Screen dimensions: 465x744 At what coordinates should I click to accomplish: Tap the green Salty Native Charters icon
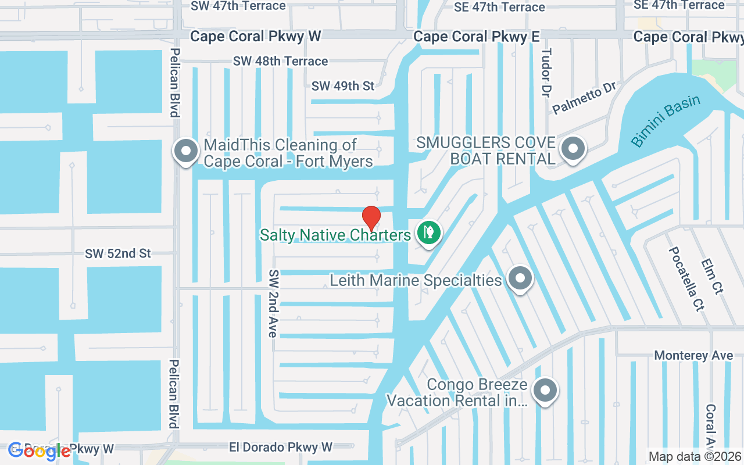coord(428,233)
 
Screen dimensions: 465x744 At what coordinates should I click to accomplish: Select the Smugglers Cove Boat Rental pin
coord(573,149)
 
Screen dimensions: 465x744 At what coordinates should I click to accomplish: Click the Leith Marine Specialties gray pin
coord(520,279)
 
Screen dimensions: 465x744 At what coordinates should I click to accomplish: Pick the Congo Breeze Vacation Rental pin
coord(545,391)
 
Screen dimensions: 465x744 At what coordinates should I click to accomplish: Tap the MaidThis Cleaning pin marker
coord(186,151)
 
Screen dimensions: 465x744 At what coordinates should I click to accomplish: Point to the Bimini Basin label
coord(666,121)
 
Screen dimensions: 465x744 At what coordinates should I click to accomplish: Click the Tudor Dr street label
coord(546,73)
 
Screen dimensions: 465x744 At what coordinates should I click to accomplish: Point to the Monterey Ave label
coord(693,355)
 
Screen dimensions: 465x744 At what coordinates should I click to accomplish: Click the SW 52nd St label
coord(118,253)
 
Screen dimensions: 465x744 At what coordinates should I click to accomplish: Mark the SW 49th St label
coord(343,86)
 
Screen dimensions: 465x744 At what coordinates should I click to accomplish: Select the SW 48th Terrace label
coord(280,61)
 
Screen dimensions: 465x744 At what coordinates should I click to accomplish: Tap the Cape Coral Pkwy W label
coord(256,37)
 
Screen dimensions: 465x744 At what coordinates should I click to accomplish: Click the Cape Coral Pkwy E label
coord(477,37)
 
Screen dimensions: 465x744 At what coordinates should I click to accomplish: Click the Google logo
coord(40,450)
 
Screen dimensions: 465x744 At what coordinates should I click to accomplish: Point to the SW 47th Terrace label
coord(238,6)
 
